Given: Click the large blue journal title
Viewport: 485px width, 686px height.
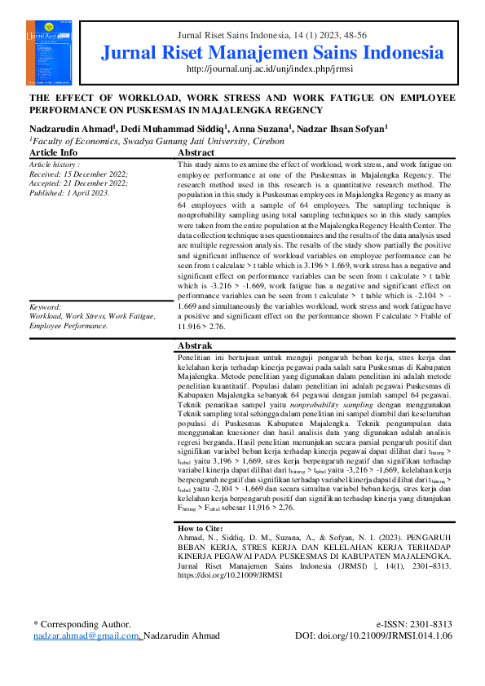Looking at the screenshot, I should click(273, 54).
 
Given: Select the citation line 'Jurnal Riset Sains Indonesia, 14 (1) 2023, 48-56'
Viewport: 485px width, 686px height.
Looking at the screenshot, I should click(273, 36).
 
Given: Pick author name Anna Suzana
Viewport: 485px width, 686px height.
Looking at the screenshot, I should click(263, 127).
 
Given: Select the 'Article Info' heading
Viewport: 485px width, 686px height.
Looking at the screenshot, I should click(54, 152).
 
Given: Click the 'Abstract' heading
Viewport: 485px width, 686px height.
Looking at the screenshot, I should click(196, 152).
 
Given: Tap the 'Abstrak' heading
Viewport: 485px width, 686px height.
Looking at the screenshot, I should click(195, 345).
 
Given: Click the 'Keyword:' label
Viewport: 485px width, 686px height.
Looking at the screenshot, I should click(46, 306).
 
